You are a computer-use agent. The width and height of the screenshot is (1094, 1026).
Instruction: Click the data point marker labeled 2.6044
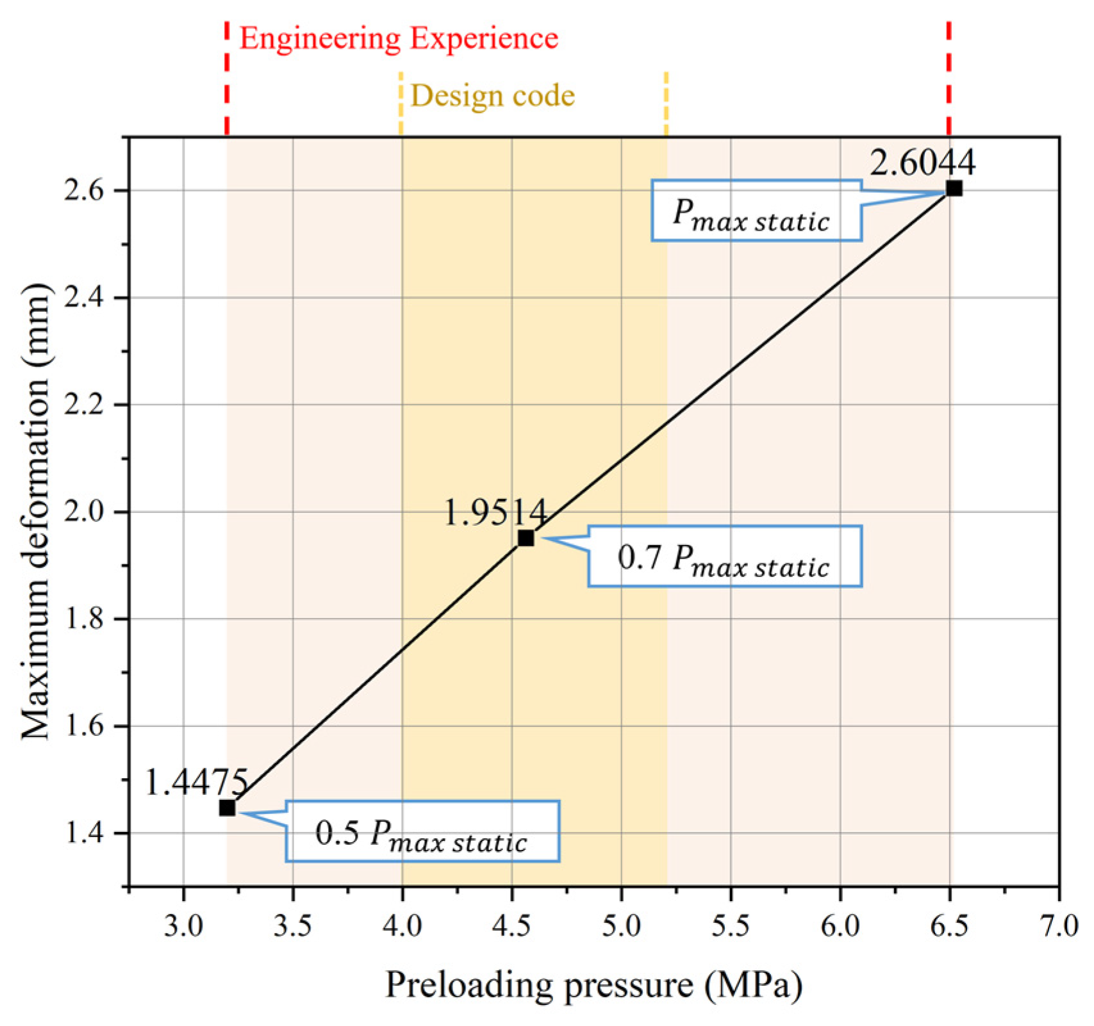coord(954,188)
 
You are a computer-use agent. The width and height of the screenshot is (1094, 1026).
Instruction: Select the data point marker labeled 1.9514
coord(526,538)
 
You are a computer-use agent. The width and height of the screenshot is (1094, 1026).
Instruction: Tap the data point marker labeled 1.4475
coord(227,808)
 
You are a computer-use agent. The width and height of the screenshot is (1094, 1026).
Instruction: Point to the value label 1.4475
coord(196,782)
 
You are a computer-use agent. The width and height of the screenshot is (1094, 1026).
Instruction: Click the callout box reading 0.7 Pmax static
coord(724,557)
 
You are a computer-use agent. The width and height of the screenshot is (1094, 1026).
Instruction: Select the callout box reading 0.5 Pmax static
coord(422,831)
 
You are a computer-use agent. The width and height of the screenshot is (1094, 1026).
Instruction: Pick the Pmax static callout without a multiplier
coord(756,211)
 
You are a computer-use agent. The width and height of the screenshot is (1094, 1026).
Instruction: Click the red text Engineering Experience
coord(399,38)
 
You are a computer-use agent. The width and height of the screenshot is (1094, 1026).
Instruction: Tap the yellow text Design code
coord(492,96)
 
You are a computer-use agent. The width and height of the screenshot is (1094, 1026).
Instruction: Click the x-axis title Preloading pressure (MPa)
coord(593,985)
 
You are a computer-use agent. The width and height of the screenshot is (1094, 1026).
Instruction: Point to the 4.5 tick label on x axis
coord(511,926)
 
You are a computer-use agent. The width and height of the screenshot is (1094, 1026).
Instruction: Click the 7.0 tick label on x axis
coord(1059,926)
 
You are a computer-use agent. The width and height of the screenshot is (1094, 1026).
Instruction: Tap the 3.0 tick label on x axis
coord(183,926)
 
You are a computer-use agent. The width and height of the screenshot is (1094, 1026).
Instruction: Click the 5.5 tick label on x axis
coord(731,926)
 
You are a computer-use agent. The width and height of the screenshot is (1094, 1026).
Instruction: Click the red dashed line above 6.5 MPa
coord(949,77)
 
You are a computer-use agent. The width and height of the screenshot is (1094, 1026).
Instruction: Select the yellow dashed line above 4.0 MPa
coord(401,102)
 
